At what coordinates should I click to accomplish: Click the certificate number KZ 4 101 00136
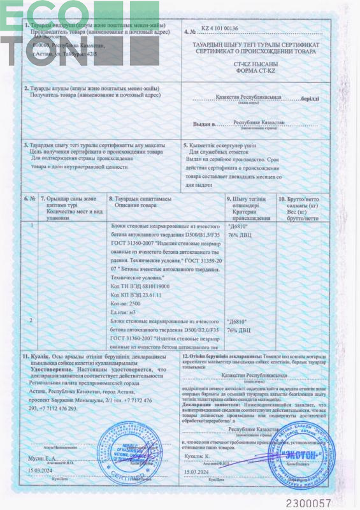[220, 29]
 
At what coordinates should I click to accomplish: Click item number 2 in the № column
[31, 319]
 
